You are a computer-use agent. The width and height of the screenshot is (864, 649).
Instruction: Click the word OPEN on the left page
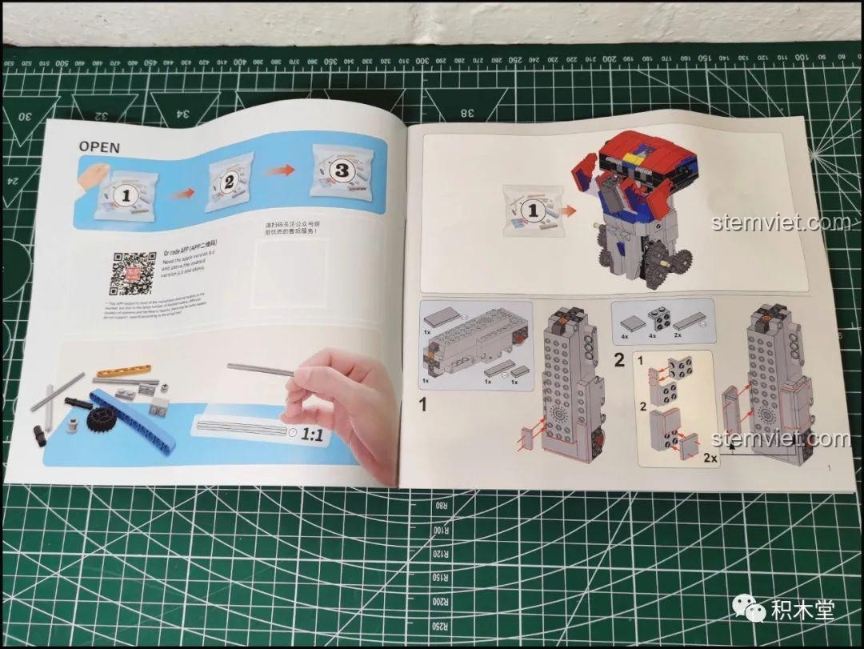[x=99, y=147]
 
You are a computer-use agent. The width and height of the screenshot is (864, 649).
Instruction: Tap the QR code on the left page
[x=131, y=272]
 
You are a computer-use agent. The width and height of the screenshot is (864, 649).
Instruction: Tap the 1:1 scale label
[x=312, y=435]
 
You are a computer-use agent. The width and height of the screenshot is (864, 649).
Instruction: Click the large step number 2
[x=619, y=359]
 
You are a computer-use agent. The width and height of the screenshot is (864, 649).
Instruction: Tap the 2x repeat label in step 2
[x=709, y=458]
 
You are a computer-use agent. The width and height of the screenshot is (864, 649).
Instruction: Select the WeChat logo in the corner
[x=754, y=610]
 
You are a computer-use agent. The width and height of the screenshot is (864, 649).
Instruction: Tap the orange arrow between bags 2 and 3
[x=285, y=170]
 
